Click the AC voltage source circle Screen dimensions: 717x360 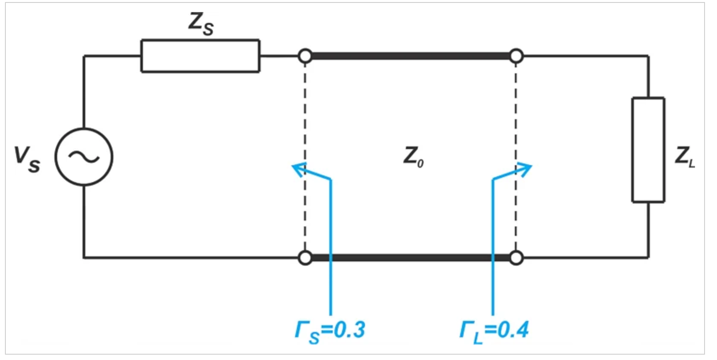[55, 157]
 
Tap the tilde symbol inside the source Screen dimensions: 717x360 [84, 157]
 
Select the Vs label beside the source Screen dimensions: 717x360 [27, 159]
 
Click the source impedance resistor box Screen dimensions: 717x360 [200, 40]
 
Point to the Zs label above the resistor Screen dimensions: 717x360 [201, 23]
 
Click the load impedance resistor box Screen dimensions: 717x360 [633, 150]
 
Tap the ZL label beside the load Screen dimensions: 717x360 [684, 157]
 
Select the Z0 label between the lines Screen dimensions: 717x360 [413, 157]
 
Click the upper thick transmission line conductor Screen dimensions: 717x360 [411, 56]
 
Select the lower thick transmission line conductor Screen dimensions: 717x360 [411, 258]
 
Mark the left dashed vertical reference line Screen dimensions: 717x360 [305, 157]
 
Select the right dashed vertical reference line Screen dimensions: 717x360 [516, 157]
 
